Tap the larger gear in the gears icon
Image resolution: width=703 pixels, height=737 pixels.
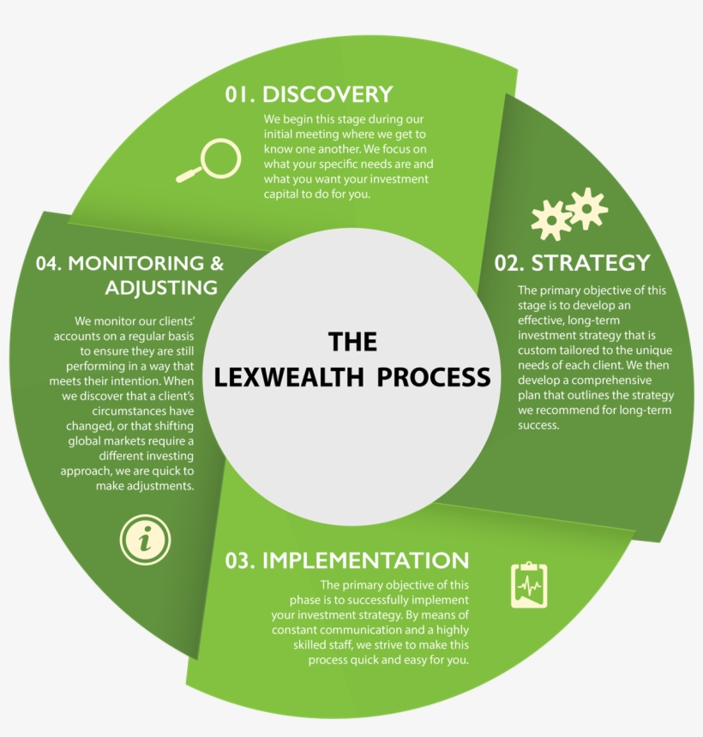587,208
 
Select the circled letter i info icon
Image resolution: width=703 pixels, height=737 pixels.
146,539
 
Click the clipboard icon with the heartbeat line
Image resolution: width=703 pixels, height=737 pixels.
529,585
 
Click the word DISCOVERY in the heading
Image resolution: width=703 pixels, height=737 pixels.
327,94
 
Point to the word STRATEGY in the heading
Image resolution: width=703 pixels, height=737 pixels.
591,262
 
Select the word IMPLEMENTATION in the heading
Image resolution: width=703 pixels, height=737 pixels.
366,560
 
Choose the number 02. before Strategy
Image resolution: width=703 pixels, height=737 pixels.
510,262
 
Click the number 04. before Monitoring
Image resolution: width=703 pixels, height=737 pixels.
50,263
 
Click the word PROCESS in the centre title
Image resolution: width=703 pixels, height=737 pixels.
436,377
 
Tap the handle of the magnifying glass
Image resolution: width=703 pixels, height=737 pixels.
188,176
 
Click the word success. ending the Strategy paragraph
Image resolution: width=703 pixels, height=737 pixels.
538,425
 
